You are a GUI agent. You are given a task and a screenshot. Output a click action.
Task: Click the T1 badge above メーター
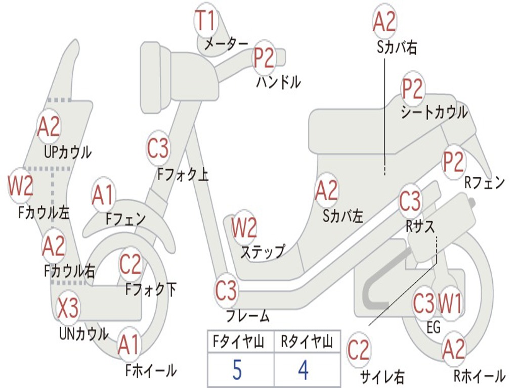coord(206,22)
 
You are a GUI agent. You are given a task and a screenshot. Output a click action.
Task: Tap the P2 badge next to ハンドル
coord(264,57)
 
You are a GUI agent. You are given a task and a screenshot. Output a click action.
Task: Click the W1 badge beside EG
coord(450,304)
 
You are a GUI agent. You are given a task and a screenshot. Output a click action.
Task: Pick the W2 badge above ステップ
coord(244,228)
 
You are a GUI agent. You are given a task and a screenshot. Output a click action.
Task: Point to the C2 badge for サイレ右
coord(359,350)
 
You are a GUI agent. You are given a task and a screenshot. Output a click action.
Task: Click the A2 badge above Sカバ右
coord(384,22)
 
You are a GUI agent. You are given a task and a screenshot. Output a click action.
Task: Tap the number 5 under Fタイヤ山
coord(237,370)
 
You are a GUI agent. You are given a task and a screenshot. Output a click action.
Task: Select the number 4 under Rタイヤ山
coord(303,370)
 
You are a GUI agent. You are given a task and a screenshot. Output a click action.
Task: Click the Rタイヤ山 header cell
coord(307,343)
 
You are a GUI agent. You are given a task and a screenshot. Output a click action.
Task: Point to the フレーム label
coord(247,317)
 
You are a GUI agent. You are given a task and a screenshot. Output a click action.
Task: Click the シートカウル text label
coord(434,113)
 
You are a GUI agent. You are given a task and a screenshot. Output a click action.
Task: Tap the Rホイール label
coord(479,375)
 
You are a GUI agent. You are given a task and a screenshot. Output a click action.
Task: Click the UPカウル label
coord(68,152)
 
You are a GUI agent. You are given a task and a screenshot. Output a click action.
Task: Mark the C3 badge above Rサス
coord(410,201)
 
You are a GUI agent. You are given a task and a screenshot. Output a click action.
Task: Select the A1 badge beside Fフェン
coord(103,195)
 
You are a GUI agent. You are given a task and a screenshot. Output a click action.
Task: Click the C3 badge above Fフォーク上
coord(158,148)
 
